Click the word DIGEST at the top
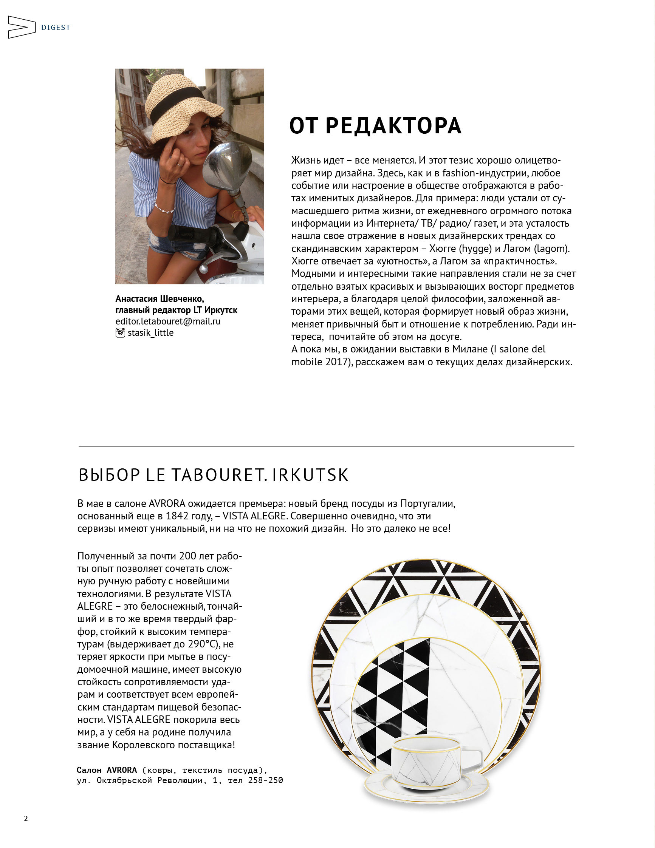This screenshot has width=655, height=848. [56, 28]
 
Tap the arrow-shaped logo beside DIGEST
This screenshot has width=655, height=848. [22, 27]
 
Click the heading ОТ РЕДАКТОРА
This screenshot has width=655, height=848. [375, 126]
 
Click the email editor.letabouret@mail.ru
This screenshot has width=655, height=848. [168, 321]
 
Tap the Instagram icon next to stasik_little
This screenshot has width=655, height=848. [120, 333]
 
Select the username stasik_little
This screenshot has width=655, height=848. [151, 333]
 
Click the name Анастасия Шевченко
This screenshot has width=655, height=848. [159, 298]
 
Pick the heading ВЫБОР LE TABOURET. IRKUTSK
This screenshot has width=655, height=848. [213, 475]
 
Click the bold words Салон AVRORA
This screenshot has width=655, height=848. [107, 770]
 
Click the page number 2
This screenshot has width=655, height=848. [26, 819]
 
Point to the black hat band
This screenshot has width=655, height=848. [177, 101]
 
